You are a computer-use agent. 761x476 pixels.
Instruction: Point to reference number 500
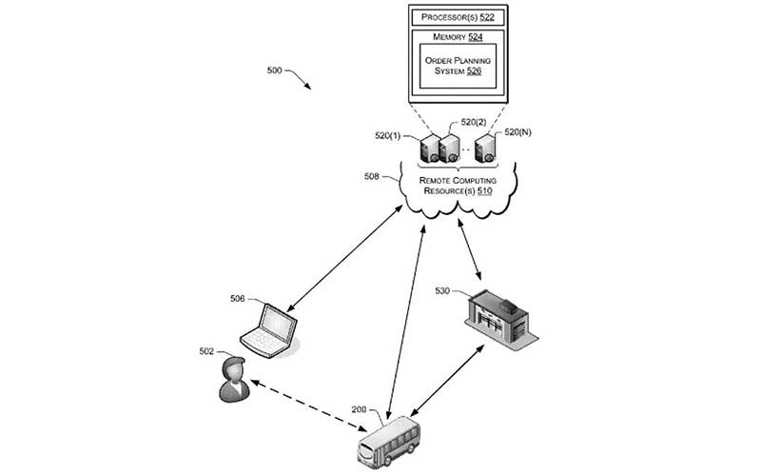point(274,71)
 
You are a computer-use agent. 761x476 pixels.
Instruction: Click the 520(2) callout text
point(474,122)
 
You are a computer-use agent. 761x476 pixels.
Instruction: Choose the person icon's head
point(231,368)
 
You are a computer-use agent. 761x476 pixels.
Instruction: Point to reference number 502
point(206,351)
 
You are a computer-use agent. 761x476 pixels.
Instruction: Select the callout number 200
point(359,409)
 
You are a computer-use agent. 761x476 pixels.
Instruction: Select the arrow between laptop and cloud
point(345,256)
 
